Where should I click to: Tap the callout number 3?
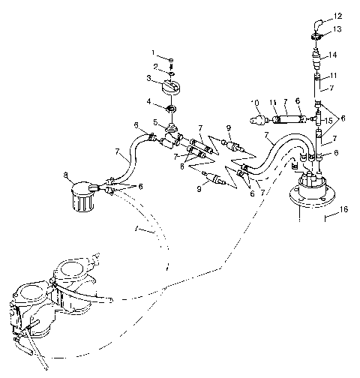tap(150, 78)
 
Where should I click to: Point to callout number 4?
tap(151, 101)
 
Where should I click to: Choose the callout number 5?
tap(155, 121)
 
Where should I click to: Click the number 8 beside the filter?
tap(66, 177)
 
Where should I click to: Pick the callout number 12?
tap(337, 16)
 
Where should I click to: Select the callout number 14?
tap(334, 55)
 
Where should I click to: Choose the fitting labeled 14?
tap(317, 56)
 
